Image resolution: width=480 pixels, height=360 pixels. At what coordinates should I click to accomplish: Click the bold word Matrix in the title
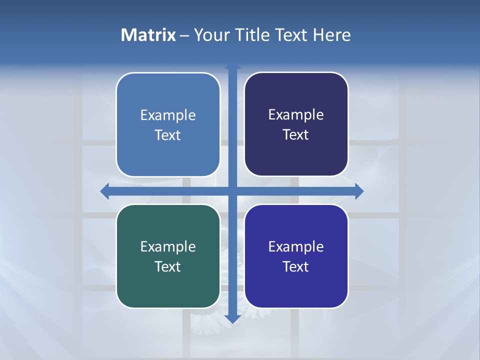point(148,35)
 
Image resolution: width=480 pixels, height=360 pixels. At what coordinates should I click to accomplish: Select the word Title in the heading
point(252,35)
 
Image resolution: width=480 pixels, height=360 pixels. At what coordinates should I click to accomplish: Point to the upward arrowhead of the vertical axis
point(232,65)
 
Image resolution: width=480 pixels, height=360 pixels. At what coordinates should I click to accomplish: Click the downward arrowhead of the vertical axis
point(232,319)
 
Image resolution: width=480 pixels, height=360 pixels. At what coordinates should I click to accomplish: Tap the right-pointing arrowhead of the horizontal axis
point(359,190)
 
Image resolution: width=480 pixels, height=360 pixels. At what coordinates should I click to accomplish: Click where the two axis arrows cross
point(232,190)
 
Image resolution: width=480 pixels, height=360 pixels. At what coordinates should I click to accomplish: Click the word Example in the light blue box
point(168,115)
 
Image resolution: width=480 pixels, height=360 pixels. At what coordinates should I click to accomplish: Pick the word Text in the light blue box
point(168,135)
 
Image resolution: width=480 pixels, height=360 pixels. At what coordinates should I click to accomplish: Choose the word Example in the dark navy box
point(296,114)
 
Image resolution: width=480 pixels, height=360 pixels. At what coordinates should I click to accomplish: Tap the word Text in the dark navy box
point(296,134)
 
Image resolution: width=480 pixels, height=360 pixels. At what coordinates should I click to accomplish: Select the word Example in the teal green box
point(168,246)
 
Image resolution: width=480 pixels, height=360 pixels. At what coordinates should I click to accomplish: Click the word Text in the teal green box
point(168,266)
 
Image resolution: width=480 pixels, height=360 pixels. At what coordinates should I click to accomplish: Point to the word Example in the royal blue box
point(296,246)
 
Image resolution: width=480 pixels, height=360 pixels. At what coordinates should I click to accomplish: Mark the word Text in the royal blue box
point(296,266)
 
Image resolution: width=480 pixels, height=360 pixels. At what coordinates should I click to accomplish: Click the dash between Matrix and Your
point(185,35)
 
